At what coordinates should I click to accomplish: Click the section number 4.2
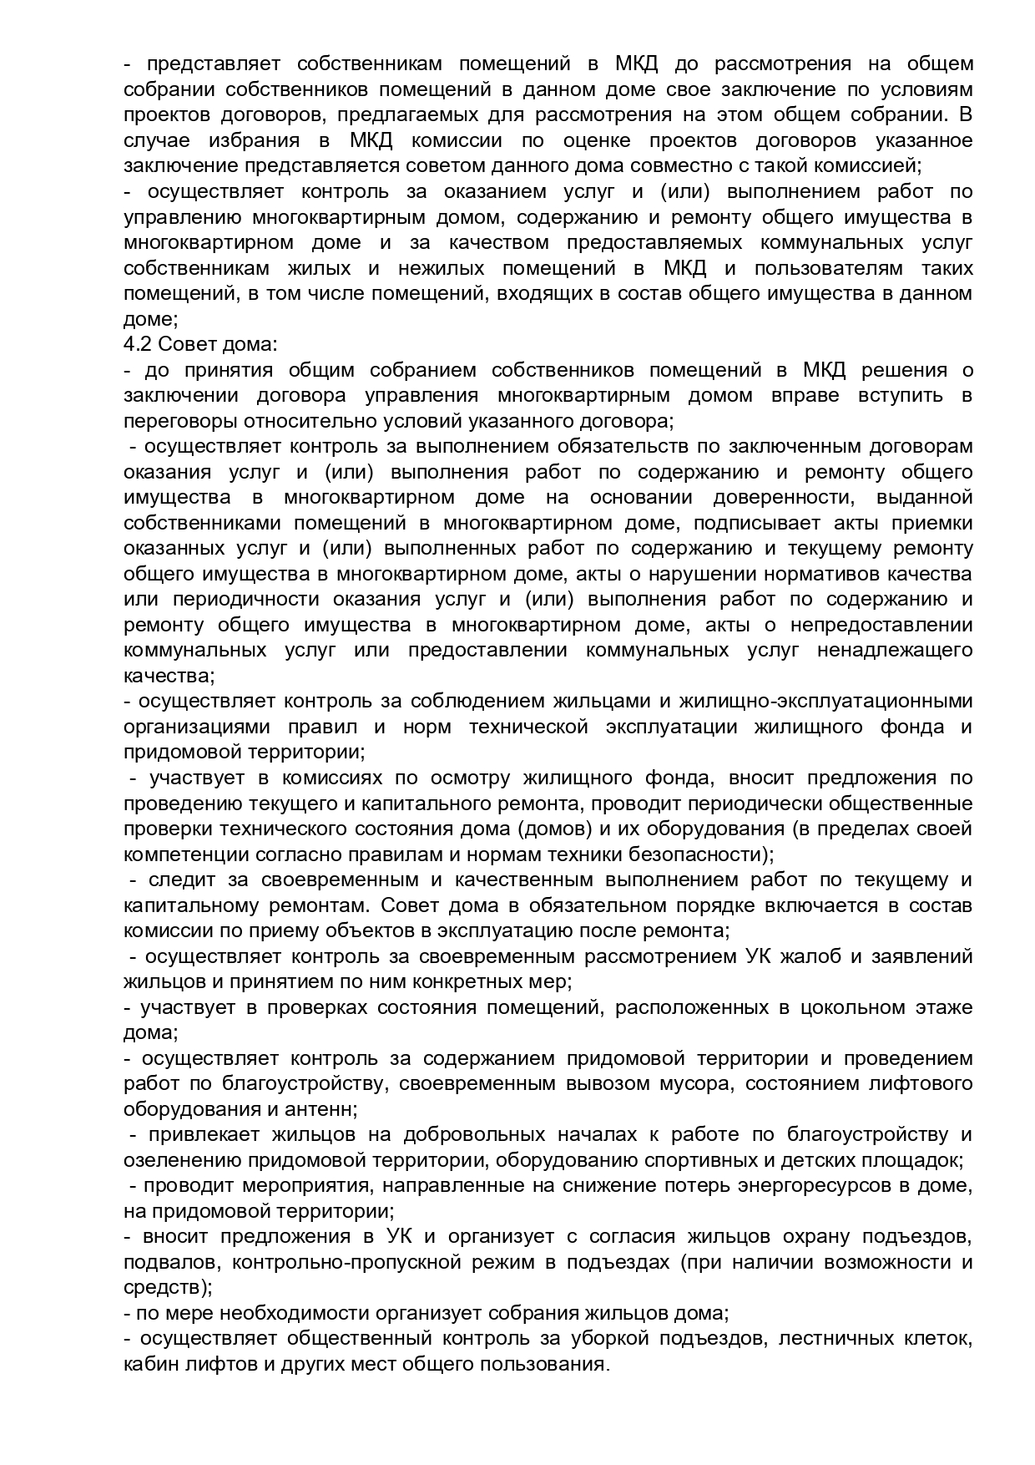pos(136,344)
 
